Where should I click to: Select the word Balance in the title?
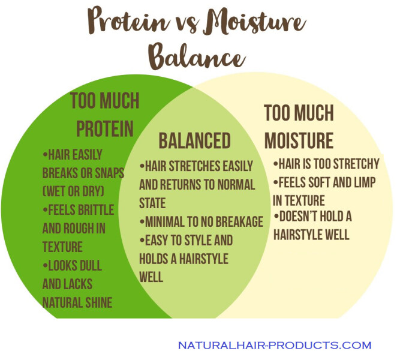(x=196, y=57)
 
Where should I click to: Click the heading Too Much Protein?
(x=104, y=114)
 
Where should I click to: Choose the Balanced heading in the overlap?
(x=194, y=140)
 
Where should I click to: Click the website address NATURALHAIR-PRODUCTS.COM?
(x=274, y=346)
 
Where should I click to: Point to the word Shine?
(x=97, y=302)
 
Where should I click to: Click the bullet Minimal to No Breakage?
(x=201, y=222)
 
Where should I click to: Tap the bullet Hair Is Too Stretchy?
(x=326, y=163)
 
